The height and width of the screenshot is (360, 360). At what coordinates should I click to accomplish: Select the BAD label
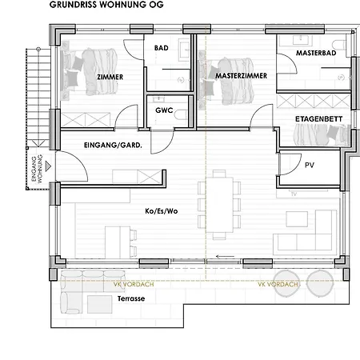161,49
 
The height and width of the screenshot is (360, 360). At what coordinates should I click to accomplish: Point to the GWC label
164,110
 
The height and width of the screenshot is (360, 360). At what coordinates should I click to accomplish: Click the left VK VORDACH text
130,283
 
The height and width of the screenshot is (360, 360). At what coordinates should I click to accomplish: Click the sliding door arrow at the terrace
226,258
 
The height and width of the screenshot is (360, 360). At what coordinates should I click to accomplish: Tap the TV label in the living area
294,194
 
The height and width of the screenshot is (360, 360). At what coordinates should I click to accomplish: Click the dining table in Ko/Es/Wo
220,206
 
